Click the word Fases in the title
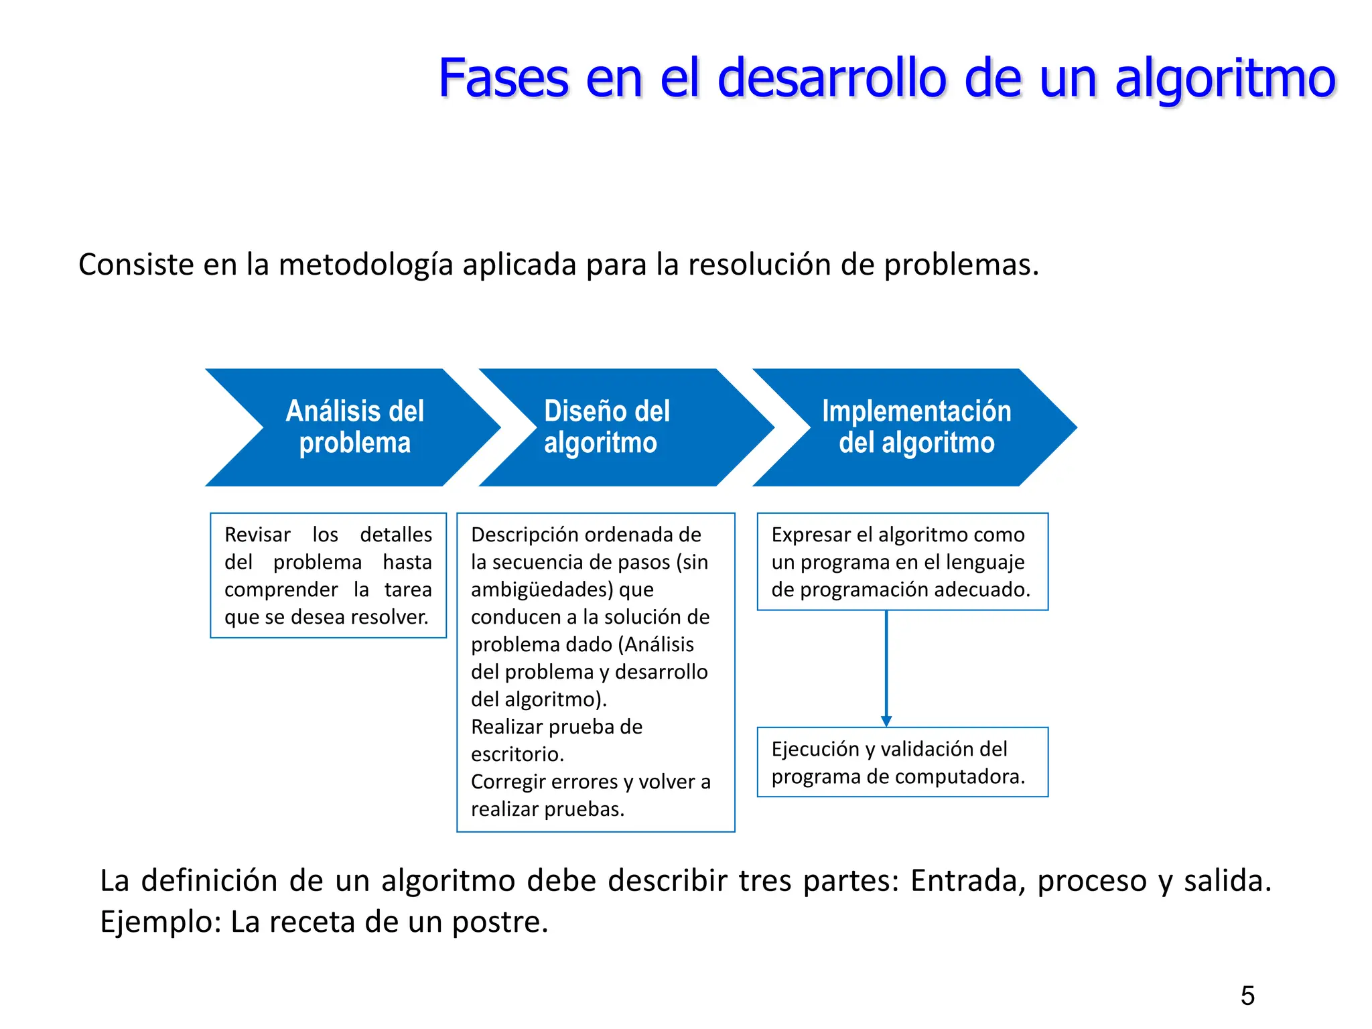(x=503, y=78)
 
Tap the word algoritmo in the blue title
(x=1225, y=80)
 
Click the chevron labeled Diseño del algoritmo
(x=606, y=427)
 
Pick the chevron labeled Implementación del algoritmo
(x=916, y=427)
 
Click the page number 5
(x=1247, y=996)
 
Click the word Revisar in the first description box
(x=257, y=535)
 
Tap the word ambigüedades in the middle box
(x=542, y=590)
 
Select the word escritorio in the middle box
(x=517, y=754)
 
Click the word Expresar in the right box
(x=815, y=535)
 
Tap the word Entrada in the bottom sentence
(x=967, y=880)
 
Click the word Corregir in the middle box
(x=510, y=782)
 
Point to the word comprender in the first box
(x=281, y=590)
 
